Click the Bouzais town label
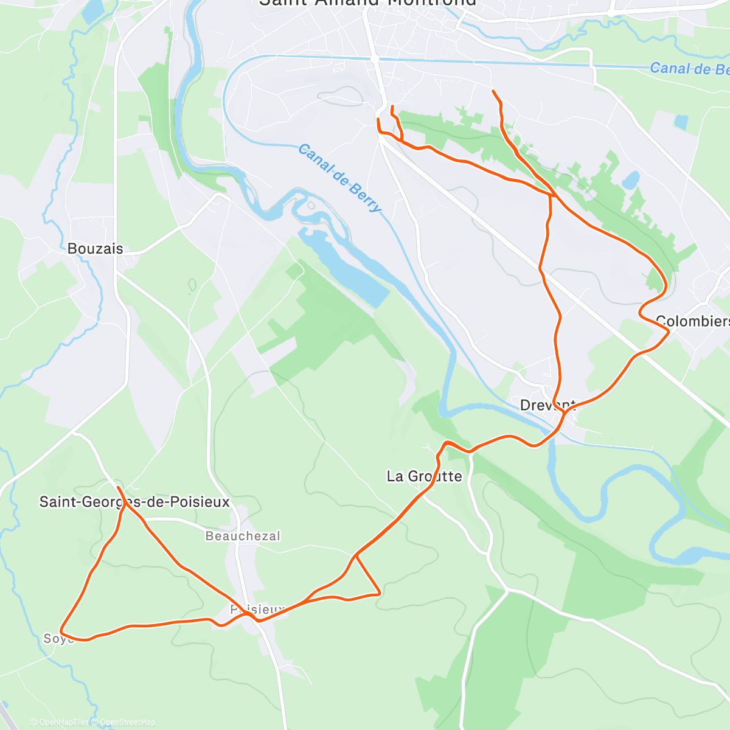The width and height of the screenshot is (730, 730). tap(95, 249)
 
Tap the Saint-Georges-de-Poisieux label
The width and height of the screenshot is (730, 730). tap(134, 502)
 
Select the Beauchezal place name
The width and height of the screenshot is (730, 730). tap(243, 536)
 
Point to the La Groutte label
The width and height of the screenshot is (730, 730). tap(424, 476)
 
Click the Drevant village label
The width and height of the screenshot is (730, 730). tap(547, 405)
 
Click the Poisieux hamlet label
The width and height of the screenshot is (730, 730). tap(257, 609)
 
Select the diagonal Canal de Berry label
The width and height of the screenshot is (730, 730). tap(340, 178)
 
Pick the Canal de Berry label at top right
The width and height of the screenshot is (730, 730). tap(689, 69)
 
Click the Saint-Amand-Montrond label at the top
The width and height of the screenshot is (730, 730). tap(368, 2)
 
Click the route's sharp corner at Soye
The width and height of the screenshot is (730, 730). tap(61, 631)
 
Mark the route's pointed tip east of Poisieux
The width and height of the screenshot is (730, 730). tap(380, 593)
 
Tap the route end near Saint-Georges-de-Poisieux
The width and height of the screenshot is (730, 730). tap(117, 488)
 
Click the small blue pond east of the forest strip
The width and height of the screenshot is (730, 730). tap(630, 179)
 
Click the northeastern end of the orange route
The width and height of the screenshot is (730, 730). tap(493, 91)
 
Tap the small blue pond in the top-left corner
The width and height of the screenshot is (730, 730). tap(93, 12)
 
